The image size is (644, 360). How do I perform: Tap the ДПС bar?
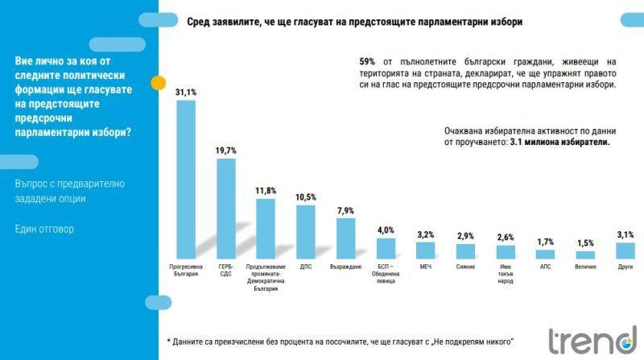[x=306, y=230]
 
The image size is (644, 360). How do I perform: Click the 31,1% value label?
[x=186, y=93]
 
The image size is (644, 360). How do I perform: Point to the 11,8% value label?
[x=266, y=191]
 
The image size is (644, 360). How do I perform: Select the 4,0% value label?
[x=386, y=230]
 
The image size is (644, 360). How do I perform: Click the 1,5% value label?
[x=584, y=242]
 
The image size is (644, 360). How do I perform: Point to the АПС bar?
[x=545, y=251]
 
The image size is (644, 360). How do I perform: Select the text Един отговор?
[x=44, y=230]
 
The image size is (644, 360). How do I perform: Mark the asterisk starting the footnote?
[x=169, y=341]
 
